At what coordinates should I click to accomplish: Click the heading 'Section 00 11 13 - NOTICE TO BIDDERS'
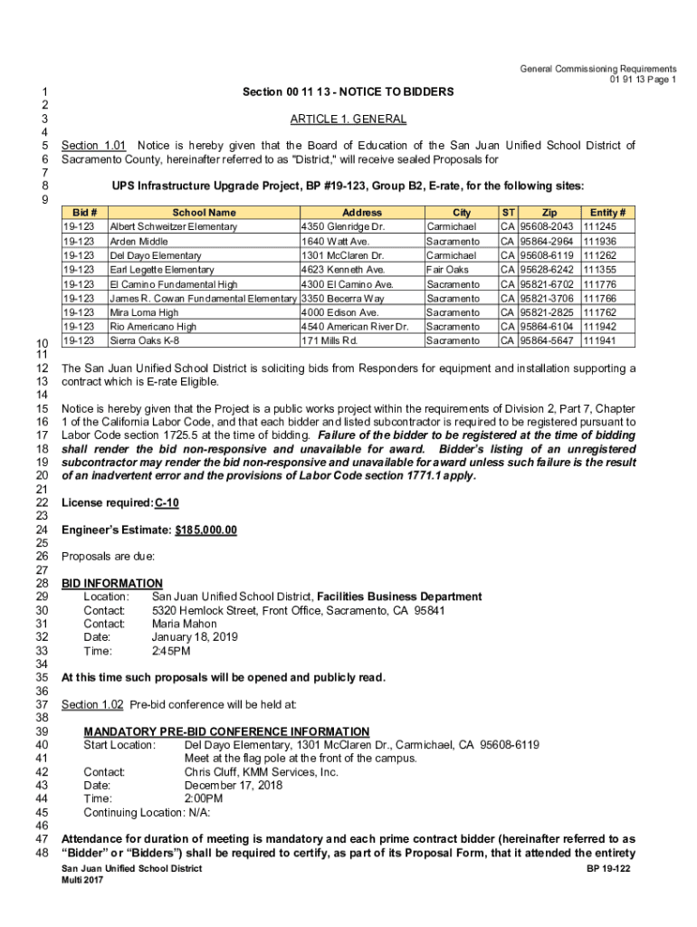click(x=348, y=92)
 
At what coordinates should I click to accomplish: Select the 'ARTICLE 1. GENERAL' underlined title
click(x=348, y=119)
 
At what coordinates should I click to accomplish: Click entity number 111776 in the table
click(x=600, y=284)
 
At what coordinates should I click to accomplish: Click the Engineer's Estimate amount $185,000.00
click(x=205, y=530)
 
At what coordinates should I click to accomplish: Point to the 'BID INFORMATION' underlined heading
click(x=111, y=584)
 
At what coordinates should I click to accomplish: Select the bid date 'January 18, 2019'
click(x=195, y=637)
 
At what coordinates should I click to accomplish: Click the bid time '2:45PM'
click(x=171, y=651)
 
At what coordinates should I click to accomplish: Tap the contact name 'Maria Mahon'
click(x=184, y=624)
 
